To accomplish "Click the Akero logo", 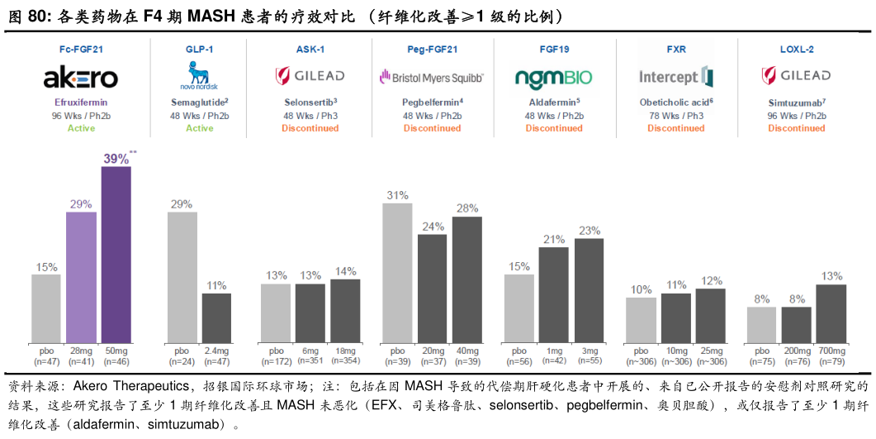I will coord(81,79).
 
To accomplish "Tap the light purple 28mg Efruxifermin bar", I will coord(81,277).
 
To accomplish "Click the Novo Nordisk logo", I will coord(199,77).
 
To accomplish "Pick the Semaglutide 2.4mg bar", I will coord(216,317).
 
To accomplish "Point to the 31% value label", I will coord(397,195).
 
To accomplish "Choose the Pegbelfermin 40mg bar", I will coord(467,279).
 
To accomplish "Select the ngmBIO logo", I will coord(553,78).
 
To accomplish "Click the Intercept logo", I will coord(675,78).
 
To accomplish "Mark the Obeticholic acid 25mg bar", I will coord(710,315).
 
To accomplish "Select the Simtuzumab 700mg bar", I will coord(831,313).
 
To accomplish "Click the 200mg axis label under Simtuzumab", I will coord(797,351).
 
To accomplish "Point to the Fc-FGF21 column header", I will coord(81,50).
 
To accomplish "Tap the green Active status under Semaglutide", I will coord(199,128).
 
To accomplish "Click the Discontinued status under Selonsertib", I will coord(310,128).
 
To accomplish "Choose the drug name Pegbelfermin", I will coord(430,102).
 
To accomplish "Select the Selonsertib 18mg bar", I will coord(345,311).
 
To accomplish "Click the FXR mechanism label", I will coord(676,50).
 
